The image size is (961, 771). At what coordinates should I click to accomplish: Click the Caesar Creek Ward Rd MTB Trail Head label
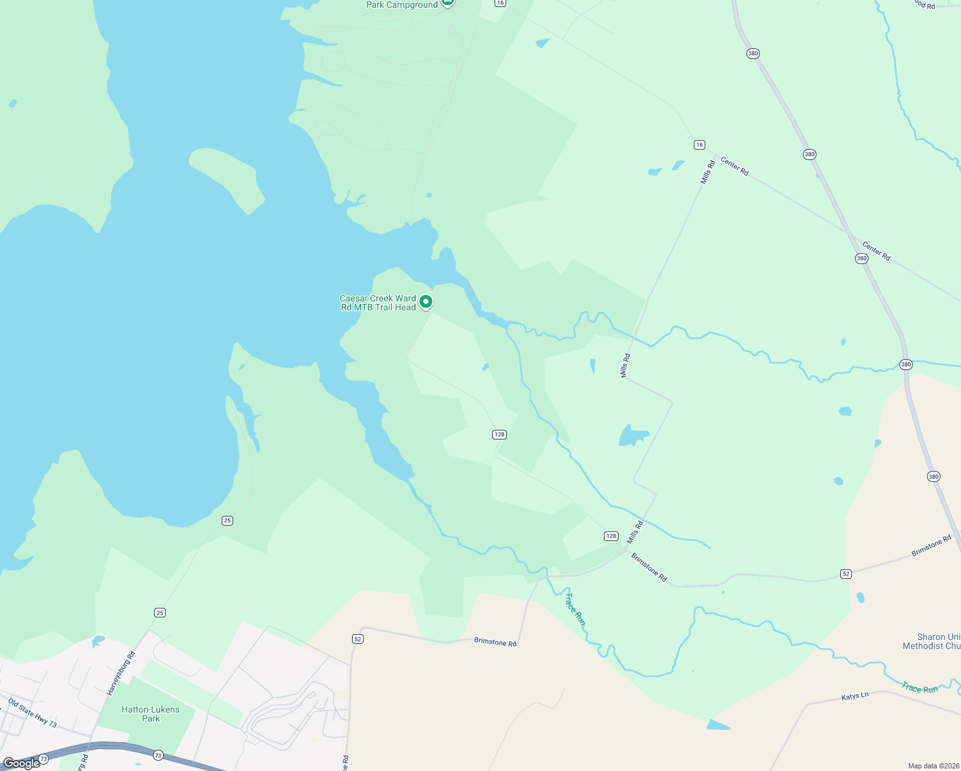click(378, 303)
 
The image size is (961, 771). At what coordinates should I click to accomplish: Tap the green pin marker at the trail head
click(425, 301)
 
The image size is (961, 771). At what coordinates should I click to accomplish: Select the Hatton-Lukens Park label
click(150, 714)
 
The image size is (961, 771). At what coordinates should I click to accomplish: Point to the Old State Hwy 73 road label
click(32, 713)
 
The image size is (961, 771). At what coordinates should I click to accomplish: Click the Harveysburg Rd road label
click(121, 673)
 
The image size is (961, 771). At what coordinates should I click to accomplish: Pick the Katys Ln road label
click(855, 696)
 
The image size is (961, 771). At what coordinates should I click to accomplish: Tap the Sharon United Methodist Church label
click(931, 641)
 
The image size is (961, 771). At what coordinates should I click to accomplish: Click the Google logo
click(21, 763)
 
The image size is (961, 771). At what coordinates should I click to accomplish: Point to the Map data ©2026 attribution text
click(933, 766)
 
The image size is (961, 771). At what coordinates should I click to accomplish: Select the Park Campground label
click(401, 4)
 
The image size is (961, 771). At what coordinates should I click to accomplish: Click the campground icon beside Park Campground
click(448, 3)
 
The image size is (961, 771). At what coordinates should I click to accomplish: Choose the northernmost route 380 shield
click(753, 53)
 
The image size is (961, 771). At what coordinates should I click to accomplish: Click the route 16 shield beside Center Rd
click(700, 145)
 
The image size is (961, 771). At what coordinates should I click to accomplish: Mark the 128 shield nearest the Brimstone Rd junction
click(611, 536)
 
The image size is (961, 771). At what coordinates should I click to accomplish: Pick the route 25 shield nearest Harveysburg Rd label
click(160, 612)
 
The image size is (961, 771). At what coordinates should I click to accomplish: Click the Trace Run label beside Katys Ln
click(919, 688)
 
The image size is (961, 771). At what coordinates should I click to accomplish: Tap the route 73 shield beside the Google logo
click(43, 759)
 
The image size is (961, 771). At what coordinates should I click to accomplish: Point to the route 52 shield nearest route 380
click(846, 574)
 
